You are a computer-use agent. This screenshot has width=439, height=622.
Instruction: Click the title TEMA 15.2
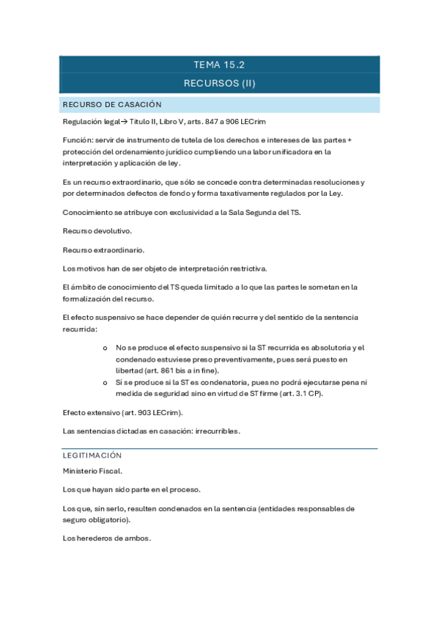(x=219, y=65)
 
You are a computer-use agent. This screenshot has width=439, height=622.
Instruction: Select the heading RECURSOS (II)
(x=219, y=83)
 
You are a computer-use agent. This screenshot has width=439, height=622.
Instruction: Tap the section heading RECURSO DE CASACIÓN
(x=112, y=104)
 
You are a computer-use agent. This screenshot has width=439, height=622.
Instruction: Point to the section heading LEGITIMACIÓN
(x=92, y=455)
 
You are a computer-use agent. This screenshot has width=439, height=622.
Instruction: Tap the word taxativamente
(x=234, y=193)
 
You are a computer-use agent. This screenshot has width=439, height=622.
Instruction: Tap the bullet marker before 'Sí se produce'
(x=106, y=382)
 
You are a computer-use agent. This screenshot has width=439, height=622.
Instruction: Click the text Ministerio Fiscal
(x=92, y=471)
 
